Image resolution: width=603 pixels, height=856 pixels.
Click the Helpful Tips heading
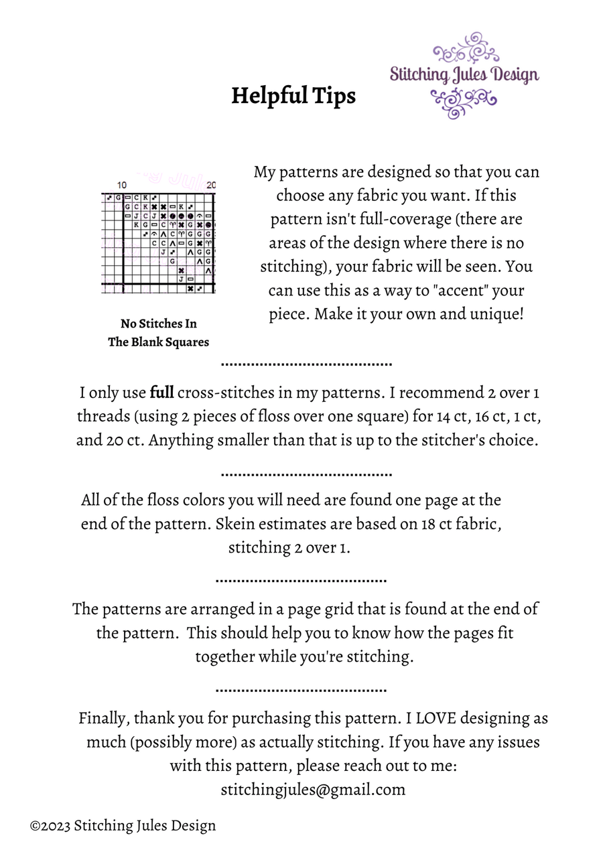click(x=293, y=96)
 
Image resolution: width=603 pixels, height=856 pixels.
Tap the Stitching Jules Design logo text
click(x=464, y=74)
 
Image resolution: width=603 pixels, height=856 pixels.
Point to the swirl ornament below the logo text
click(x=464, y=102)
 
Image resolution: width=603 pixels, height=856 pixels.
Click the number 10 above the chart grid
click(x=122, y=185)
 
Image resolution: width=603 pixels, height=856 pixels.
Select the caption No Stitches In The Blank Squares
click(x=159, y=333)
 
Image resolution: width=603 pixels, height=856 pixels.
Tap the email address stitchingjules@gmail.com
click(x=313, y=789)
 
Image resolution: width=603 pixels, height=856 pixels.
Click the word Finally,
click(x=104, y=718)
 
